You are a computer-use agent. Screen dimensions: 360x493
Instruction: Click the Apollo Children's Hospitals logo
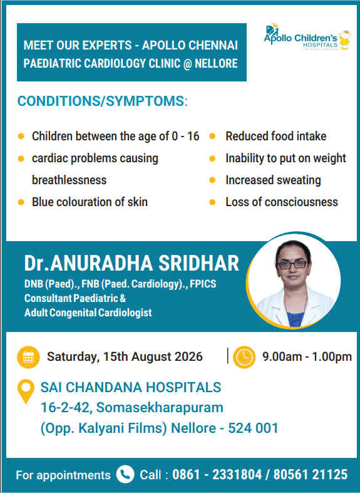[307, 37]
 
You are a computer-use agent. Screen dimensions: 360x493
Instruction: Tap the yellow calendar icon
[28, 357]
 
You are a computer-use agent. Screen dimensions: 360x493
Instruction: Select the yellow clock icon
[244, 357]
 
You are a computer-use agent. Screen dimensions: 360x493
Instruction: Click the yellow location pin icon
[26, 391]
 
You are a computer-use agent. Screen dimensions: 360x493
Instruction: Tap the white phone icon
[125, 474]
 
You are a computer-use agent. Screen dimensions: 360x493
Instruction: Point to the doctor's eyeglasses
[292, 265]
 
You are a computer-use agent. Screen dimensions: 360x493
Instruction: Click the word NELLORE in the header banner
[216, 63]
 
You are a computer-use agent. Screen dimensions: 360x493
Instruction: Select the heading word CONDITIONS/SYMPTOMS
[101, 101]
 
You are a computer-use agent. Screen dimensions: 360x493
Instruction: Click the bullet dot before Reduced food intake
[212, 136]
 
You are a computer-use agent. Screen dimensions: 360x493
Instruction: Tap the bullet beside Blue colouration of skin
[21, 202]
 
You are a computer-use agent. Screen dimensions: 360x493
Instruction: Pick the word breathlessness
[69, 180]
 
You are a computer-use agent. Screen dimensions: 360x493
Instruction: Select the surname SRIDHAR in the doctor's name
[198, 263]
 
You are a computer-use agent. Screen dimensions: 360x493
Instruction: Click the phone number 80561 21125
[311, 474]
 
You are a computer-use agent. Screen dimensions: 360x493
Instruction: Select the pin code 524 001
[253, 428]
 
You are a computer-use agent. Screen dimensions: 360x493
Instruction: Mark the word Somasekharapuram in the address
[160, 407]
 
